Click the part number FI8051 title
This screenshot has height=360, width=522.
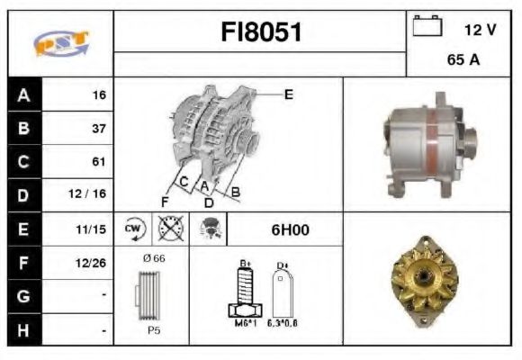261,32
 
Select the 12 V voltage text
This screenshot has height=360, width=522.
480,30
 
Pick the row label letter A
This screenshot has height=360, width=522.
23,94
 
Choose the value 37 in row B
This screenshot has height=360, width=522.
98,128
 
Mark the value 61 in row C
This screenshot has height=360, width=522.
98,162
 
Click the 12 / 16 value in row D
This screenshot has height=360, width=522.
92,195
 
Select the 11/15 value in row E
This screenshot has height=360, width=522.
93,229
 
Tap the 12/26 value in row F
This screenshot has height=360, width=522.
92,263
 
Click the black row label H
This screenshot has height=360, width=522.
23,330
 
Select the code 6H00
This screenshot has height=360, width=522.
290,229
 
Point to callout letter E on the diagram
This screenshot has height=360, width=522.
289,94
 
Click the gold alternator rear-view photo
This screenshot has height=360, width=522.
425,279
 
